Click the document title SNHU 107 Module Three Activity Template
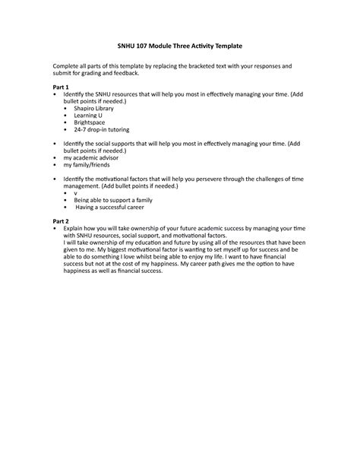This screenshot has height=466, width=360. tap(179, 47)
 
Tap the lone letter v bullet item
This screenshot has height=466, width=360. tap(75, 193)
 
